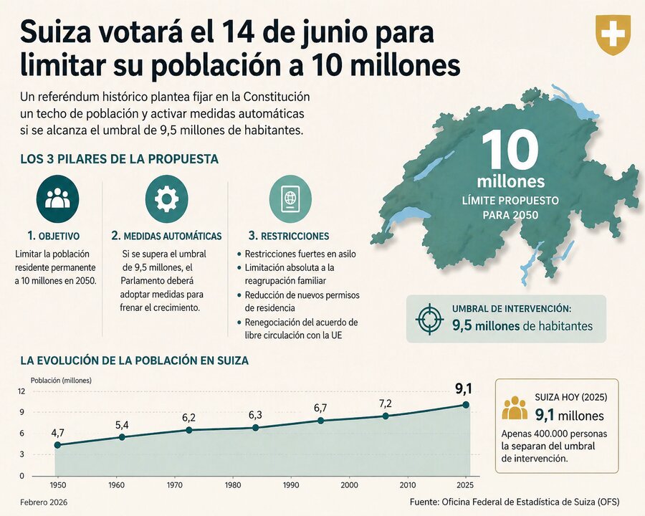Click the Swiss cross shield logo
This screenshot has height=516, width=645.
(613, 34)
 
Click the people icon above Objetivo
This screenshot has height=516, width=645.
(57, 198)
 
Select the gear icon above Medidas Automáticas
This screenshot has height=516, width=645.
(166, 198)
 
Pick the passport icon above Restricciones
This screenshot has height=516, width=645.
(290, 198)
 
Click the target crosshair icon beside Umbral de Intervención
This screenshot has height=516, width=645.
(430, 318)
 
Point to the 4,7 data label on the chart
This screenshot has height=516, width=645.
(58, 432)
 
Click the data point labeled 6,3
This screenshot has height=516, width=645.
(256, 428)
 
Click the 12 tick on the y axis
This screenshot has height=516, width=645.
(21, 391)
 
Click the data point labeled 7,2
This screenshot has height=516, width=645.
(386, 416)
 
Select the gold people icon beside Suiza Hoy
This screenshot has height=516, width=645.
(515, 408)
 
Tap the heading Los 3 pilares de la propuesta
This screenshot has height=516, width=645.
(119, 159)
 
